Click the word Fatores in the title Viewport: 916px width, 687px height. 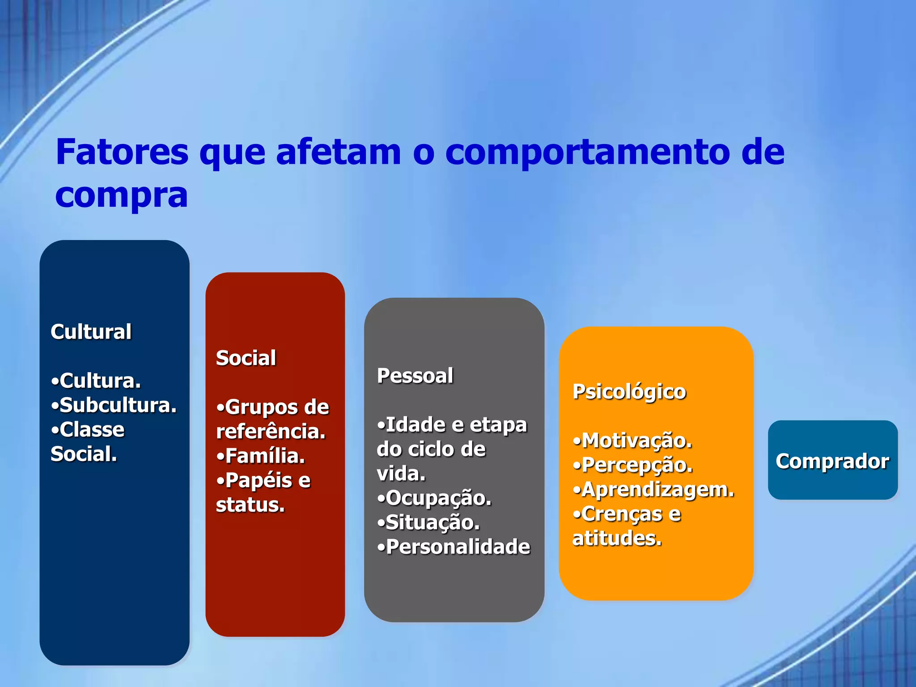click(x=122, y=152)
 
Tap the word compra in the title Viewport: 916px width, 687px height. click(x=122, y=196)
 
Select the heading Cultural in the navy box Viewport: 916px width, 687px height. click(x=91, y=332)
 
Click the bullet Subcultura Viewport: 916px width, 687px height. click(x=118, y=405)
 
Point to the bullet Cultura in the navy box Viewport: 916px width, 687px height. click(x=100, y=381)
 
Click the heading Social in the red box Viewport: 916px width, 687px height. click(x=246, y=358)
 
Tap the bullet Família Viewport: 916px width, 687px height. click(x=265, y=456)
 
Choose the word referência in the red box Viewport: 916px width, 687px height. click(x=271, y=432)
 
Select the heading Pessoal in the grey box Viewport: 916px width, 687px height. click(x=415, y=376)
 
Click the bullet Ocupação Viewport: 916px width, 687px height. click(x=438, y=498)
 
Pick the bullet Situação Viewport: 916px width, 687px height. click(x=432, y=522)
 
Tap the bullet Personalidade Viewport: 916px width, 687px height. click(x=458, y=547)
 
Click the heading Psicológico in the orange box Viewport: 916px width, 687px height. click(x=629, y=392)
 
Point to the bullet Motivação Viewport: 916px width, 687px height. click(x=636, y=441)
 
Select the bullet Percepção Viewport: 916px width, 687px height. click(x=637, y=465)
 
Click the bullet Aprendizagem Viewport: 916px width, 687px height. click(x=658, y=489)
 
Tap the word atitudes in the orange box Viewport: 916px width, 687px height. click(x=617, y=539)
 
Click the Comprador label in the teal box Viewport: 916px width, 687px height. click(x=832, y=461)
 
